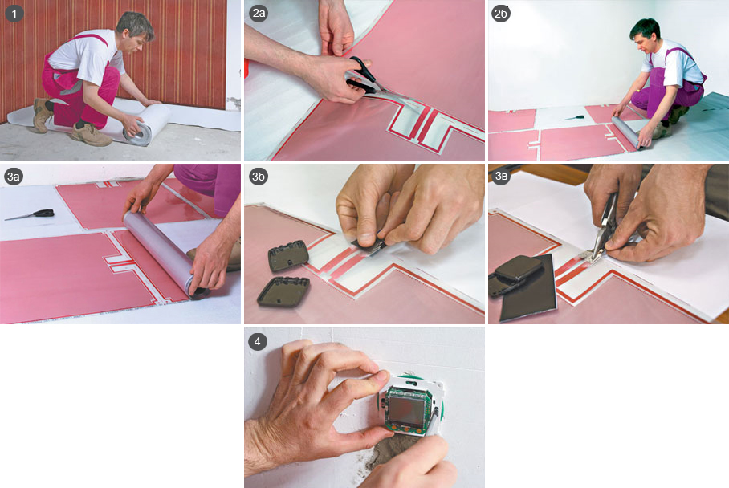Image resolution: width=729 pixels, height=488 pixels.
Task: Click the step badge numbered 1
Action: click(14, 14)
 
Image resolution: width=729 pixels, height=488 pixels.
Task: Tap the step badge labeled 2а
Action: click(259, 14)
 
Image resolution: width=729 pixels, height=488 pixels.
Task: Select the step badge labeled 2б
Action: click(501, 14)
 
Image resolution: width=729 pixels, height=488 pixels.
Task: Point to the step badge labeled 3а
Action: click(14, 177)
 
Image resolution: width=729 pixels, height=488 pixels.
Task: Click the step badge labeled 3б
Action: click(259, 177)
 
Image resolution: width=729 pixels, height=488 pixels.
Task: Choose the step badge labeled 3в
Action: click(501, 177)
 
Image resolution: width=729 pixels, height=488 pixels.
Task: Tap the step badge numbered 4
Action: click(258, 342)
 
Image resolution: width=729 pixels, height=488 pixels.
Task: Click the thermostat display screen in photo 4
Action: click(406, 409)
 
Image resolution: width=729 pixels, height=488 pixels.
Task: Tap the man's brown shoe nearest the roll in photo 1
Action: click(91, 135)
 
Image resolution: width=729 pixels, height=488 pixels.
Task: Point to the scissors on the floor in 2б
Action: click(575, 117)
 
